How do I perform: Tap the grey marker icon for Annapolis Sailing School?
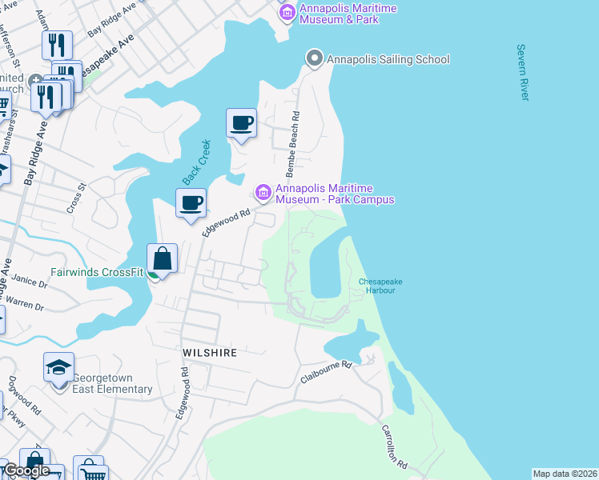coord(315,58)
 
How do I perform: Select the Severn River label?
coord(524,73)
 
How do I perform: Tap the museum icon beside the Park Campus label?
coord(263,193)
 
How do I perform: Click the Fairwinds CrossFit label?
coord(97,271)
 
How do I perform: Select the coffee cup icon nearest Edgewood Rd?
coord(191,202)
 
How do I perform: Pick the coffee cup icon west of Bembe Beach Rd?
coord(241,123)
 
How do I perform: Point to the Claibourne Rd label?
coord(327,370)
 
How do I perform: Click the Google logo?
coord(26,470)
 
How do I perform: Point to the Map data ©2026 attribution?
coord(565,474)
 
